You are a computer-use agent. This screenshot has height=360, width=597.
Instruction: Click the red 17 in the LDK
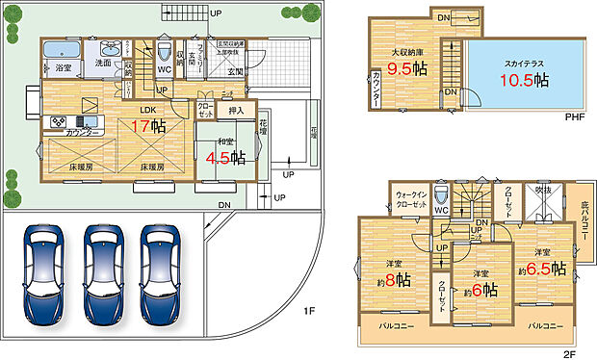(140, 125)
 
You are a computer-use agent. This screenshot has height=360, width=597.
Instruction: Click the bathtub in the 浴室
(65, 50)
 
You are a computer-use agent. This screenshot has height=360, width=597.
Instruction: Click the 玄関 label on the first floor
(234, 71)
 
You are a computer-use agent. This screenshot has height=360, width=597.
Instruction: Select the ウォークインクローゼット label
(411, 198)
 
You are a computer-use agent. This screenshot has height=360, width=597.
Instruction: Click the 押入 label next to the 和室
(236, 112)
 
